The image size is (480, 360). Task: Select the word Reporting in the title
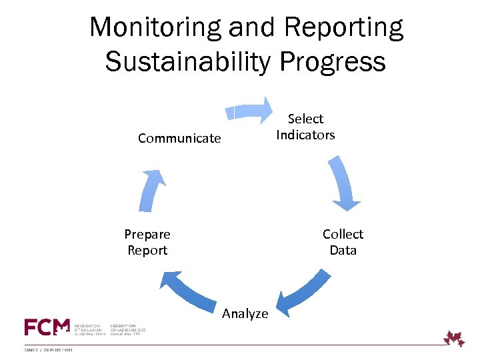point(343,28)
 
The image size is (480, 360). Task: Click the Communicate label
point(179,139)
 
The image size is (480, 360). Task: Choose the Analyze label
point(245,314)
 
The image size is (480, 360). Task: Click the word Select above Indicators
point(305,119)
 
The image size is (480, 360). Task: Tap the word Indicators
point(305,135)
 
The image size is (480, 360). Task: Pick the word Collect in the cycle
point(343,234)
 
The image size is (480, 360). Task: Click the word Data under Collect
point(343,251)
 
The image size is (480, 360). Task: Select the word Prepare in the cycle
point(147,234)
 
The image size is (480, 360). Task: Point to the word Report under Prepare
point(147,251)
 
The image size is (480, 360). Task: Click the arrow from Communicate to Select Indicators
point(249,111)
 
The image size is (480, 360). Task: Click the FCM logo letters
point(47,327)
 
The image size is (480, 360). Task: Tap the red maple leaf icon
point(455,338)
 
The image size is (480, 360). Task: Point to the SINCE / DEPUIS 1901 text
point(49,349)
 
